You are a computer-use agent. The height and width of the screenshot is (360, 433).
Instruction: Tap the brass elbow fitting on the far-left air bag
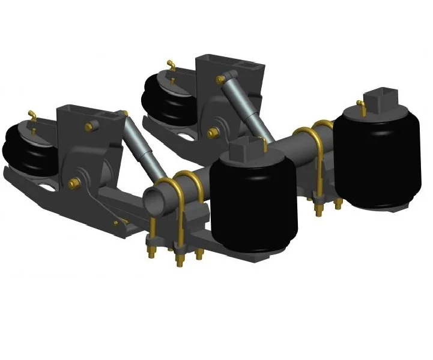(x=31, y=114)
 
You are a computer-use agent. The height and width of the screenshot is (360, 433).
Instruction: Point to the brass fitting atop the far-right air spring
(x=361, y=106)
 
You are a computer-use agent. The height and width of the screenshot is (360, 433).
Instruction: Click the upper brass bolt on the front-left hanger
(x=92, y=126)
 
